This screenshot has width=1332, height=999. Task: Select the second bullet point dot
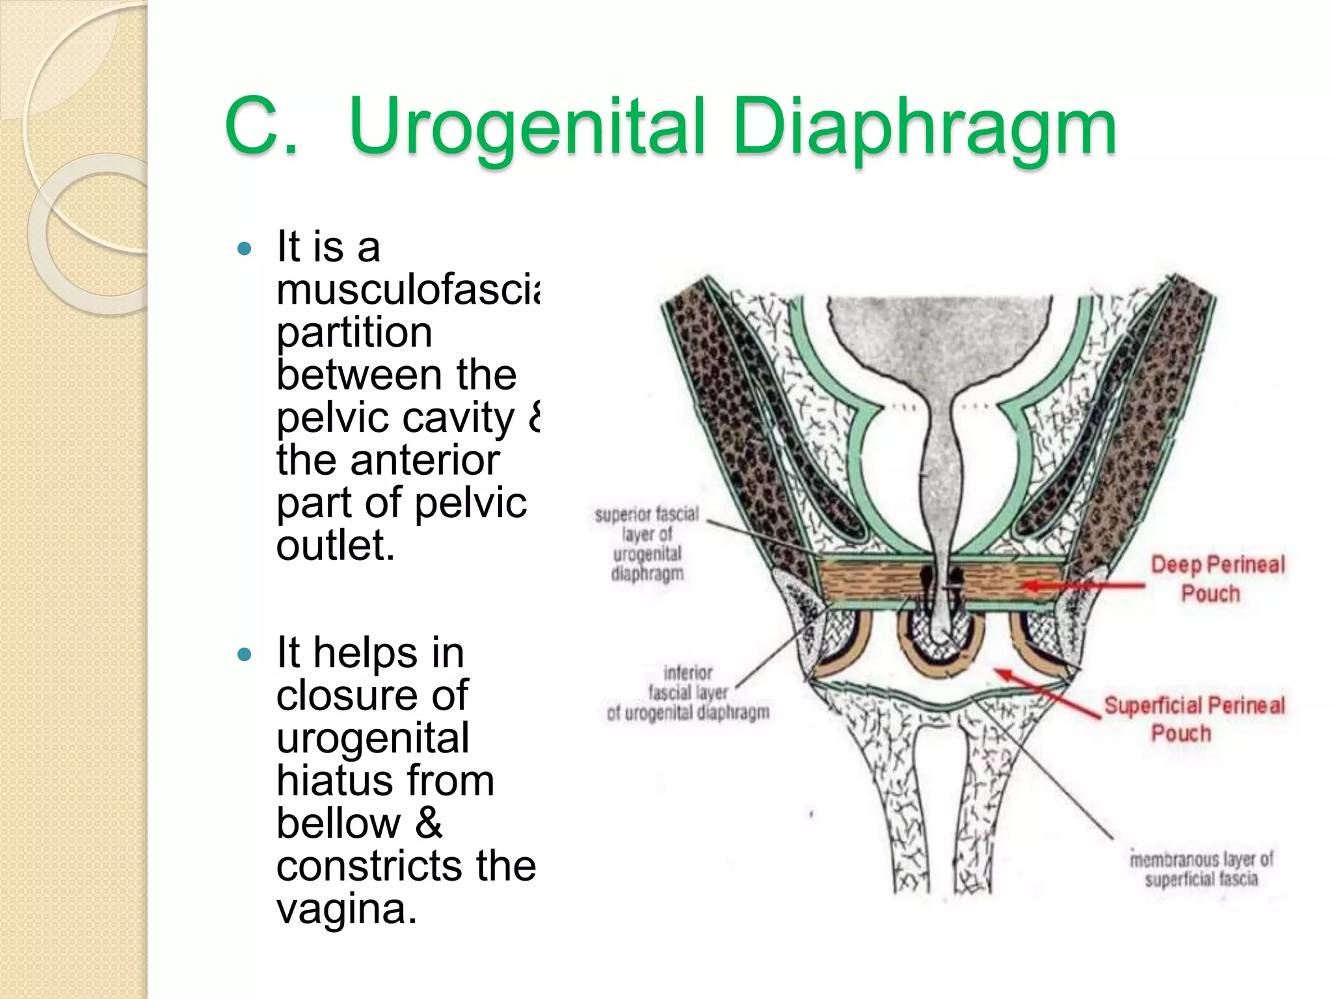click(245, 654)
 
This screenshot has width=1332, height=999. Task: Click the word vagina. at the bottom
click(346, 909)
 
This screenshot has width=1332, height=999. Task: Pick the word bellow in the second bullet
click(338, 823)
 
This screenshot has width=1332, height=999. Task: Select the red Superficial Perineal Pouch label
click(1193, 719)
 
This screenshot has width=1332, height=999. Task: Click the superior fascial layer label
click(647, 544)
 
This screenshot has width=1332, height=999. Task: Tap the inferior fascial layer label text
click(688, 693)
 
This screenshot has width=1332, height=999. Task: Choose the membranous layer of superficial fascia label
click(1201, 869)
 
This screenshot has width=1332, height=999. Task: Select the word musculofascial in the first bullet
click(407, 290)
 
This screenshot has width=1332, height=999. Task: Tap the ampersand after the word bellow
click(429, 823)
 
